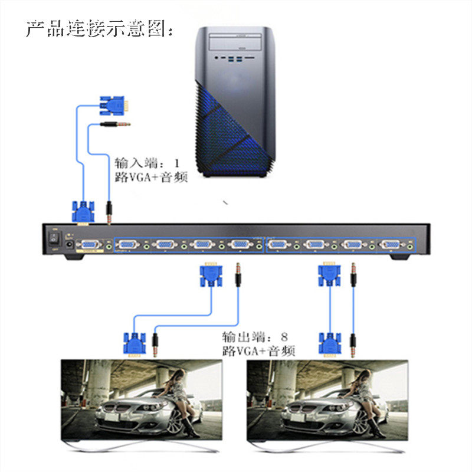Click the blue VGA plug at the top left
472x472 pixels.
(114, 106)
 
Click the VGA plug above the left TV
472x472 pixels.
(134, 345)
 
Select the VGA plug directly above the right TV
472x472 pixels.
(330, 343)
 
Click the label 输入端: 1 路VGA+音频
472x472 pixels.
(150, 170)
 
